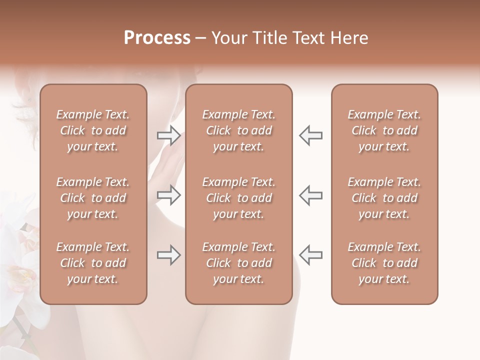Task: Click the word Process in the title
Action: (157, 38)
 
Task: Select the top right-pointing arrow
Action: (168, 135)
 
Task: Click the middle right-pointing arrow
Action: (168, 195)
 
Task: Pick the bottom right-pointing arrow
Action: (168, 255)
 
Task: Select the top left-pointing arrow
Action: (310, 135)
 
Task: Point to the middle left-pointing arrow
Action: (310, 195)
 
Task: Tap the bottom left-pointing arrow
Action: (310, 255)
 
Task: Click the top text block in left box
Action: (93, 130)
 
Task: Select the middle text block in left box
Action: (93, 198)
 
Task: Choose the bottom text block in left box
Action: (93, 263)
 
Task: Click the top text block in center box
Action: (239, 130)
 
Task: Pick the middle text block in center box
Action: (239, 198)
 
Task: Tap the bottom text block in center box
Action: (239, 263)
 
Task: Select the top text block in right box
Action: (384, 130)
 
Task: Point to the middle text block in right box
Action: (384, 198)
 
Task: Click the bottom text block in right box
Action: (384, 263)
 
